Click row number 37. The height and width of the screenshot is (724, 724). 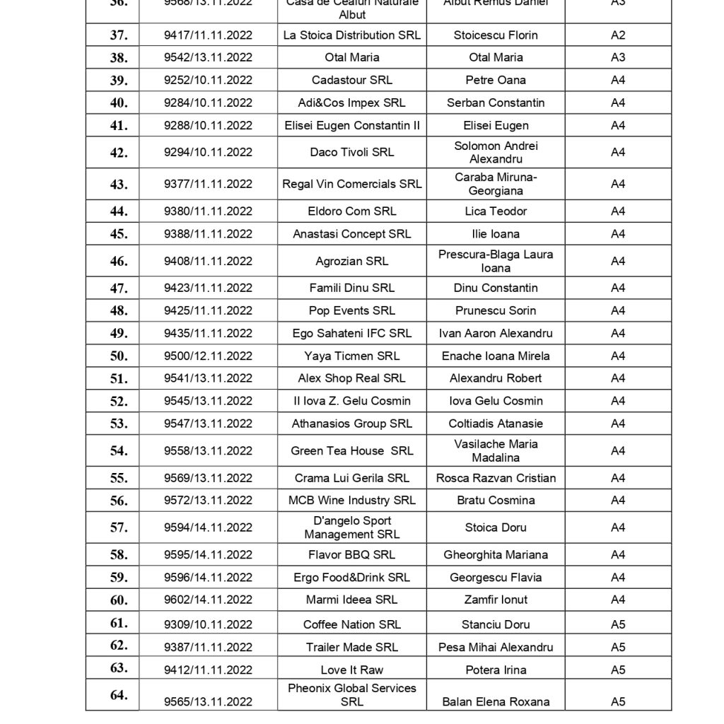point(119,35)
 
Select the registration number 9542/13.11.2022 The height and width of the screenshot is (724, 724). point(208,58)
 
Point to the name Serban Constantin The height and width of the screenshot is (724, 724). point(496,103)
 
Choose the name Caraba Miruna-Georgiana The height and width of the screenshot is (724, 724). point(496,185)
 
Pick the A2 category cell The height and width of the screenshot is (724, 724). point(618,35)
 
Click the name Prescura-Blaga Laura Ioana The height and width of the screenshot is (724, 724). point(496,262)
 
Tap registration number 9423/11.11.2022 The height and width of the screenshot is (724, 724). point(208,288)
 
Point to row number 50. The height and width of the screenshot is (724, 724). point(119,356)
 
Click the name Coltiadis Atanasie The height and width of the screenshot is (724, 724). point(496,424)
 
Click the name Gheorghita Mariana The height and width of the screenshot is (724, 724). point(496,555)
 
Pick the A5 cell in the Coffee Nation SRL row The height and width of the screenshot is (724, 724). point(618,625)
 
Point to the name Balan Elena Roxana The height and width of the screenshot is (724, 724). point(496,702)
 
